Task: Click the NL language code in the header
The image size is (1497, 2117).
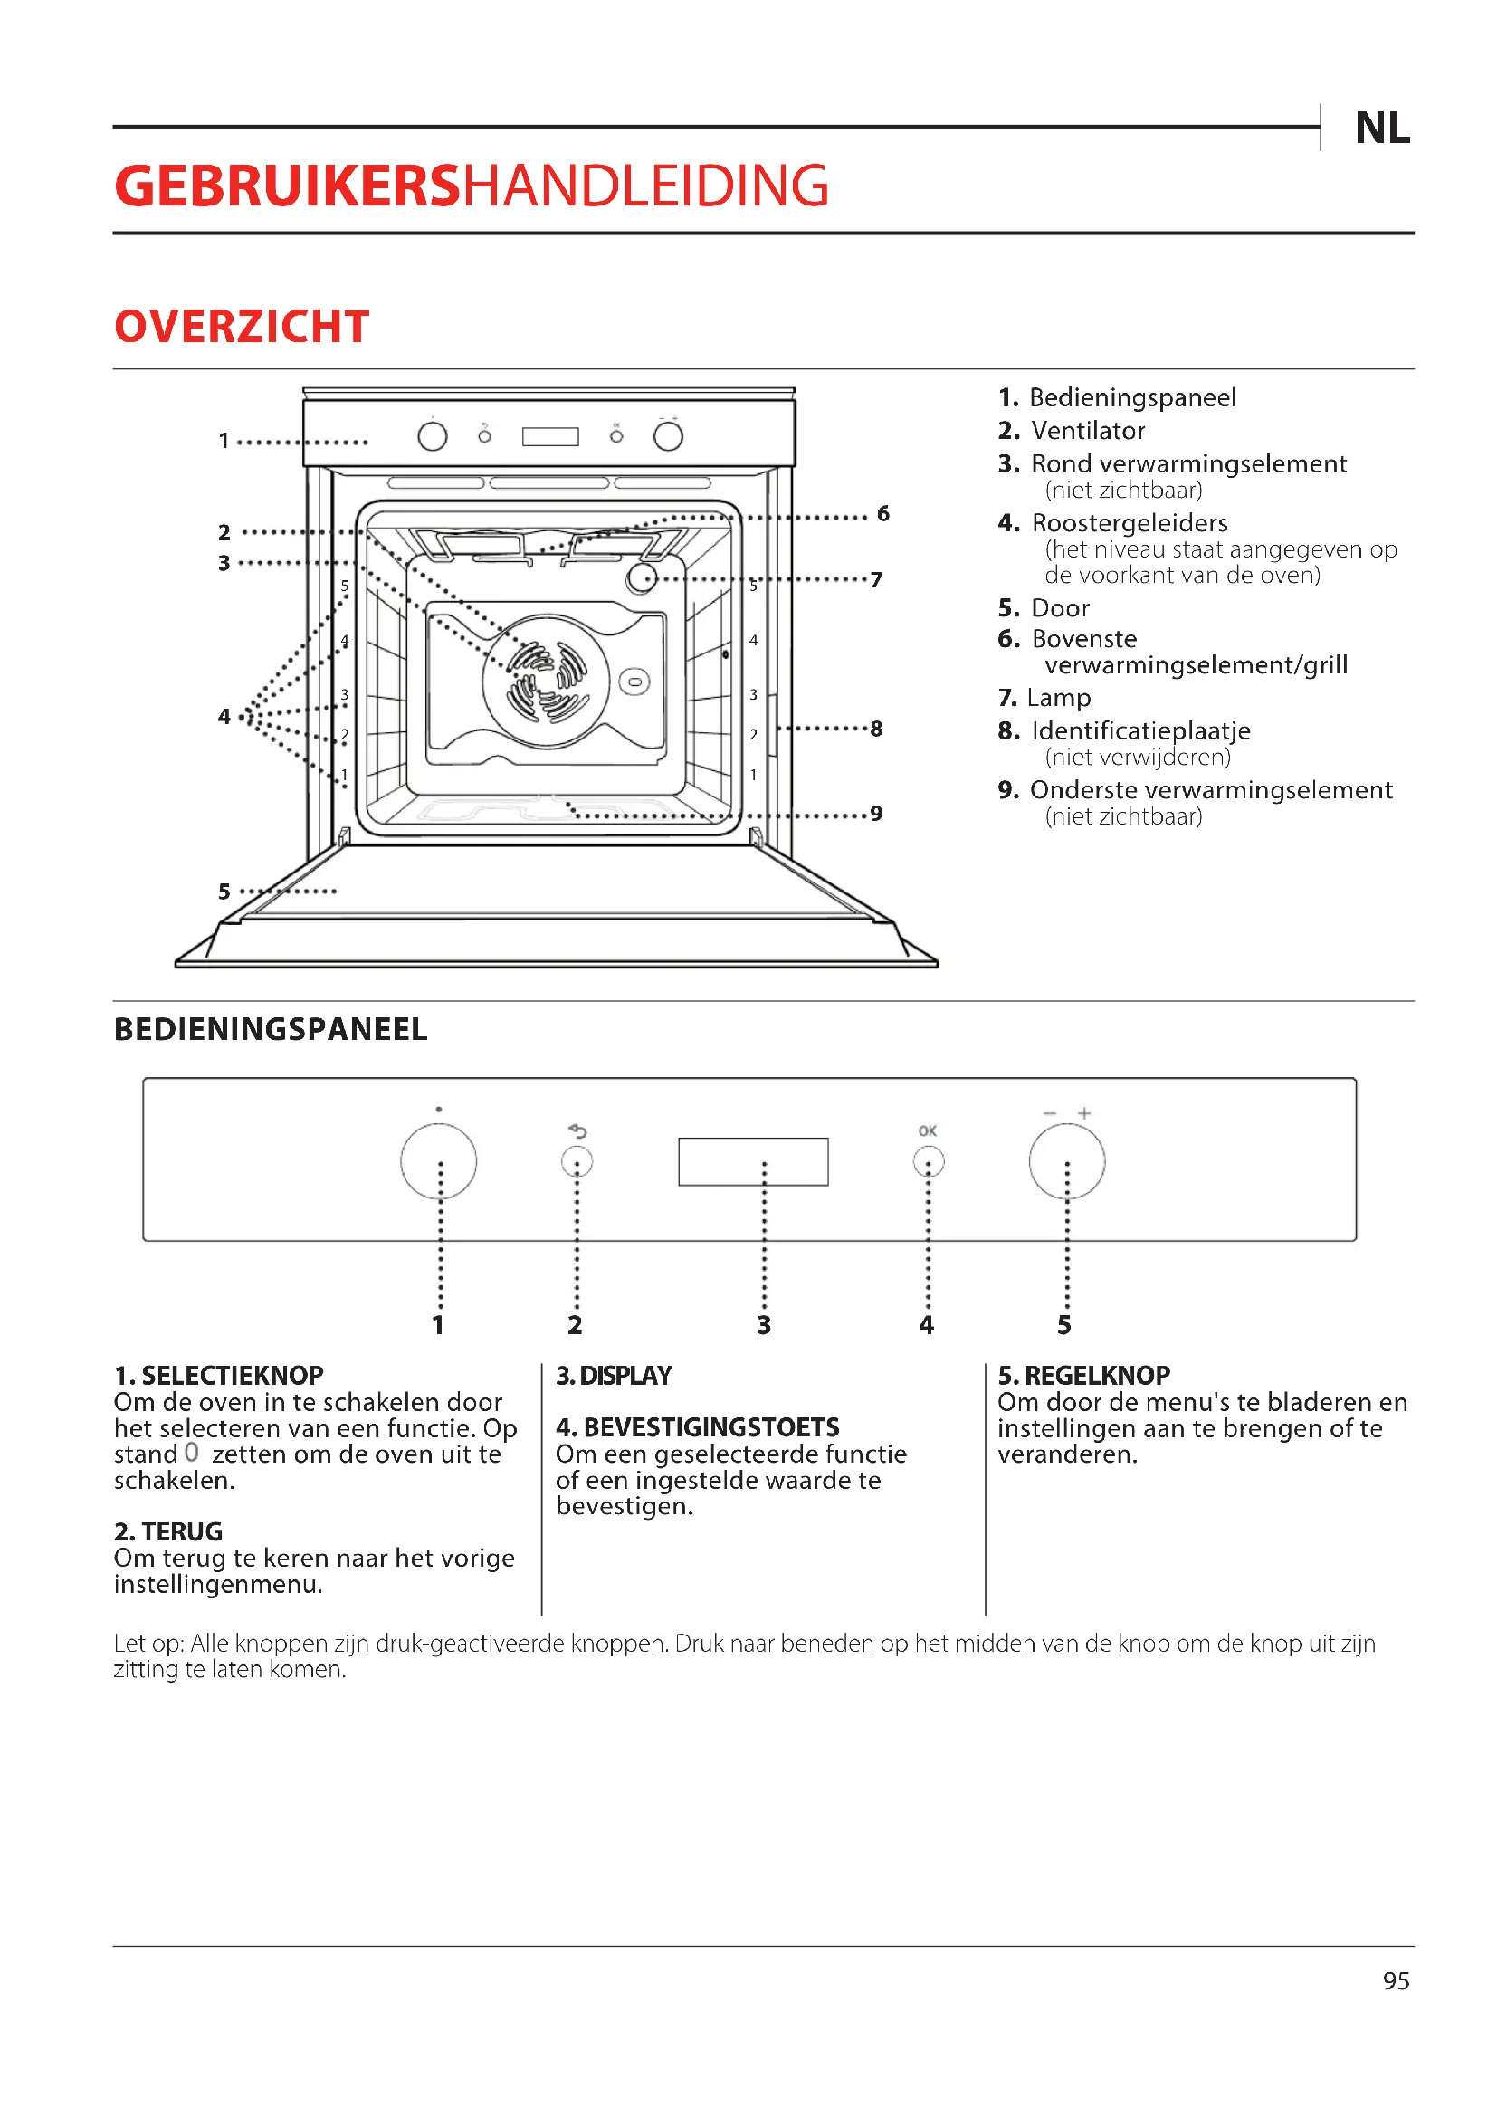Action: coord(1382,129)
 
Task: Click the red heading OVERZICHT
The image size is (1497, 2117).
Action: coord(242,327)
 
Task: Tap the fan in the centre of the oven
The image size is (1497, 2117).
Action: coord(546,682)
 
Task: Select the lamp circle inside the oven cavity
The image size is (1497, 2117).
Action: coord(642,578)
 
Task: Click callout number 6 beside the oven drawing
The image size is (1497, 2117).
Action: coord(883,513)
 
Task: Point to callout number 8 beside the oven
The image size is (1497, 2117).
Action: coord(876,729)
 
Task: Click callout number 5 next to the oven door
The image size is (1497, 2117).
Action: coord(224,892)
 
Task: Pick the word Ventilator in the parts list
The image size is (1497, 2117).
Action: coord(1088,431)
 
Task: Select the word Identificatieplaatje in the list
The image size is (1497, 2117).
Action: coord(1140,730)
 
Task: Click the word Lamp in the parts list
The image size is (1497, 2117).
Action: coord(1058,697)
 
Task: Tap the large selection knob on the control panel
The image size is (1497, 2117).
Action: coord(439,1161)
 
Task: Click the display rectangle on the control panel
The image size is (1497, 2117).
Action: coord(753,1161)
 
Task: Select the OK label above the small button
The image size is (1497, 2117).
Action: coord(928,1130)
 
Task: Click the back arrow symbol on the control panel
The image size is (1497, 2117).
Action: coord(578,1130)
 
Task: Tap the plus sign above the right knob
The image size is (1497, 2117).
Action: coord(1085,1113)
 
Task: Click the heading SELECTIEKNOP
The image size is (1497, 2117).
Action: coord(232,1376)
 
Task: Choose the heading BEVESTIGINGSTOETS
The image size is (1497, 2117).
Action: coord(710,1427)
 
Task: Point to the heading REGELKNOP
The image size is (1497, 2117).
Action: coord(1097,1376)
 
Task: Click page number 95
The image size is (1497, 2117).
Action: coord(1396,1980)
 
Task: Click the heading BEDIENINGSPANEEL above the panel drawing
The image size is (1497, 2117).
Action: coord(270,1029)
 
